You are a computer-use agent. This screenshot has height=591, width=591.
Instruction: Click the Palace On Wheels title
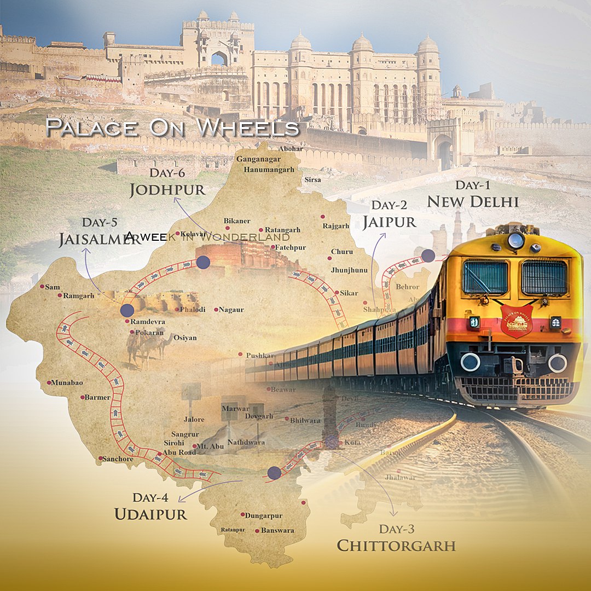pos(173,127)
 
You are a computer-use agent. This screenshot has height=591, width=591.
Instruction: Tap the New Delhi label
pos(472,201)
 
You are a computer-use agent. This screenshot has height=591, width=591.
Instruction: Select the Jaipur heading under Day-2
pos(389,222)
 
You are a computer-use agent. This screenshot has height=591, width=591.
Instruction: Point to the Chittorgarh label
pos(396,546)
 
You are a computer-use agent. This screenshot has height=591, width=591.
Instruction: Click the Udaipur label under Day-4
pos(150,514)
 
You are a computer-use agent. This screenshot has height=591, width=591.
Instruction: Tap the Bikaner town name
pos(237,221)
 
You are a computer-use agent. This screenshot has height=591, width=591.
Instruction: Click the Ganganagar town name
pos(258,159)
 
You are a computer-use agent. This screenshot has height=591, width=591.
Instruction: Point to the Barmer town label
pos(97,397)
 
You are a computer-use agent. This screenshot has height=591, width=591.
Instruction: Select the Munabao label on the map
pos(67,383)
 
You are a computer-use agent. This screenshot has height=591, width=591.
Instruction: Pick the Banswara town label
pos(277,530)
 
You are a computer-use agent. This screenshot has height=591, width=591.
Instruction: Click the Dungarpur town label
pos(264,515)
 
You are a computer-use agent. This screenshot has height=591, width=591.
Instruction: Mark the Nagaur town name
pos(231,310)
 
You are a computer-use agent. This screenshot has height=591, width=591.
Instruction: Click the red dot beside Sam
pos(42,286)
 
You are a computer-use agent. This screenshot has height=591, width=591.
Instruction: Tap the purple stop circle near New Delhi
pos(428,256)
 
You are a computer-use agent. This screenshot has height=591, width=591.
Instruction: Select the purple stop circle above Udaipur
pos(275,473)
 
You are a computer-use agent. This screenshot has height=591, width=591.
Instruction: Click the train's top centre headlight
pos(515,240)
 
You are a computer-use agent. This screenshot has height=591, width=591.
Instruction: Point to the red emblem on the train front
pos(516,321)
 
